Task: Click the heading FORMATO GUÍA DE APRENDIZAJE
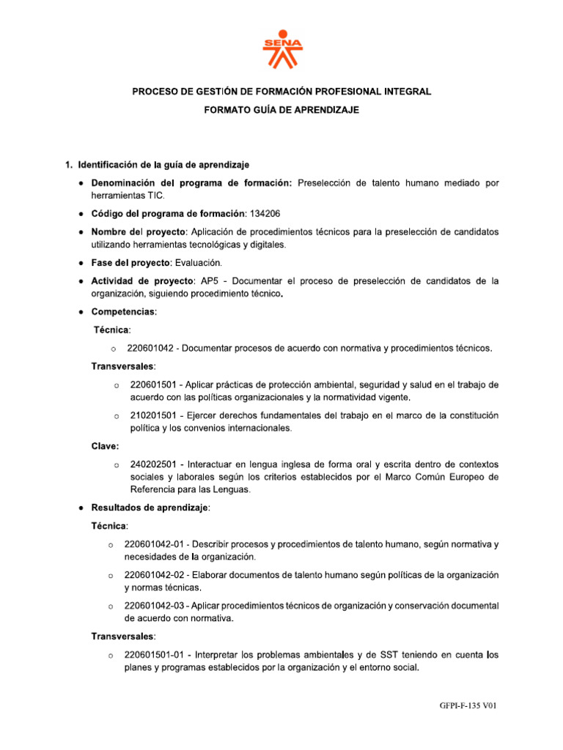[281, 110]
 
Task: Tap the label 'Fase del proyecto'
[130, 262]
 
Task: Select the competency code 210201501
[152, 415]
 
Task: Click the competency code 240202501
[152, 464]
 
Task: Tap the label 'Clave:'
[105, 446]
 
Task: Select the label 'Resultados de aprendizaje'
[150, 507]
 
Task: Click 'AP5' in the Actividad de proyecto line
[209, 281]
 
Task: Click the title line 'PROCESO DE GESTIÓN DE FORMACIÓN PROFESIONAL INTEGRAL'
[281, 92]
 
